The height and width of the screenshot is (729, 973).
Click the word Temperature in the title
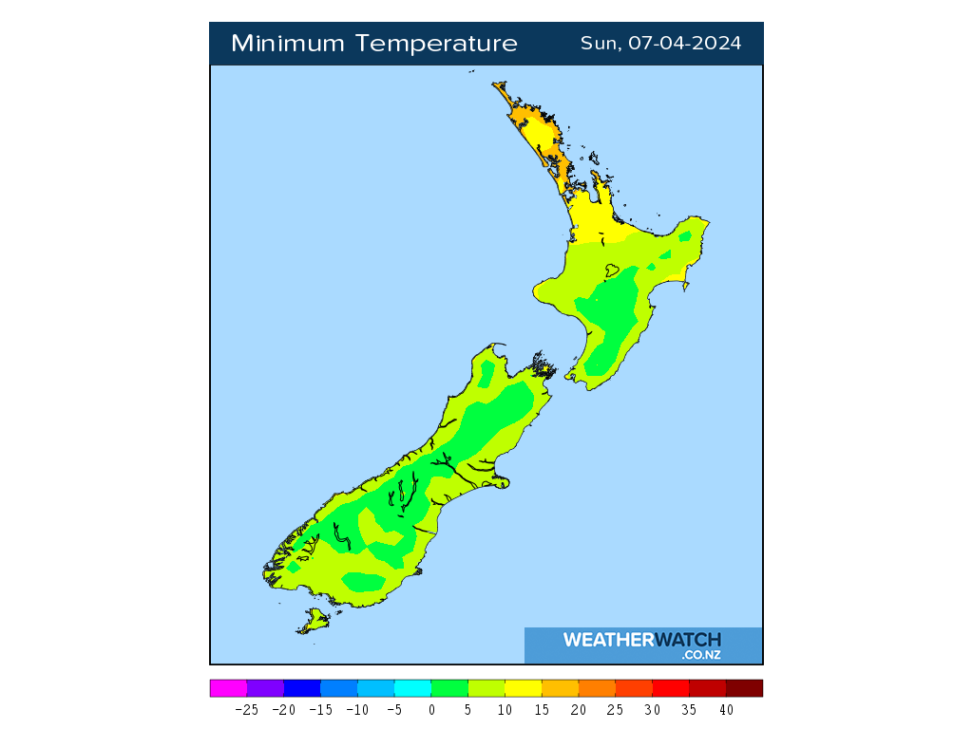point(438,44)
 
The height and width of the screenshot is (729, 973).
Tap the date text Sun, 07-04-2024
point(661,44)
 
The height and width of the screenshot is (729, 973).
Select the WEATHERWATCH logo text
point(642,640)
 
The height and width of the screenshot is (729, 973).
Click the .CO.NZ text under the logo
point(701,655)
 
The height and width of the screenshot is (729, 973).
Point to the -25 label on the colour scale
point(247,709)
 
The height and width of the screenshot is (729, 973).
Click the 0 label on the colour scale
point(431,709)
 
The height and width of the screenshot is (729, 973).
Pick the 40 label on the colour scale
point(726,709)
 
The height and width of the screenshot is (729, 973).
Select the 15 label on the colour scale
point(542,709)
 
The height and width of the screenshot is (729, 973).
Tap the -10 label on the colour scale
point(357,709)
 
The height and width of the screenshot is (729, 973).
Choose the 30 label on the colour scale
point(652,709)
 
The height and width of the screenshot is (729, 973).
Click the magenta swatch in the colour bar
point(228,688)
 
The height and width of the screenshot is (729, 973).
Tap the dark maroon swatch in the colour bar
point(744,688)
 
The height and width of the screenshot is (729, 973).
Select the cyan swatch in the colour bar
point(412,688)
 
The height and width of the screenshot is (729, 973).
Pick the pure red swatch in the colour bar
point(670,688)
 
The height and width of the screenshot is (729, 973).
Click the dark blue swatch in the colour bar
point(302,688)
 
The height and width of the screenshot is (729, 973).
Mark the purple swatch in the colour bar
point(265,688)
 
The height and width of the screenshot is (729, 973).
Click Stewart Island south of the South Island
point(313,622)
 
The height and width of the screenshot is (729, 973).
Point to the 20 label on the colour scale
point(578,709)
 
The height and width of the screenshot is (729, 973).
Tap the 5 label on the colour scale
point(468,709)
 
